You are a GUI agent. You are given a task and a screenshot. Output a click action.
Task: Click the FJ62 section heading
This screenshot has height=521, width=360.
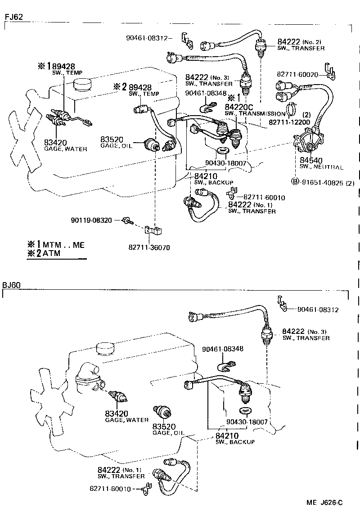[x=13, y=17]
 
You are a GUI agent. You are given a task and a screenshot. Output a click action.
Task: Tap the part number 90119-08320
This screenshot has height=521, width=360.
[x=95, y=220]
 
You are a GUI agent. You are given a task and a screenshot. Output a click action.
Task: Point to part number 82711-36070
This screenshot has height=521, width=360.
[x=150, y=247]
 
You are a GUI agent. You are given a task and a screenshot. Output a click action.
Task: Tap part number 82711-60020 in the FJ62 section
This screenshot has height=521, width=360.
[x=298, y=75]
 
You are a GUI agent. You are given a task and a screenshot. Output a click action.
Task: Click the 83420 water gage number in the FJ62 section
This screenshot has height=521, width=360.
[x=55, y=143]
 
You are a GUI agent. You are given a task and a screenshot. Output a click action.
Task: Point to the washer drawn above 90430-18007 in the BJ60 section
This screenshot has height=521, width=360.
[x=245, y=411]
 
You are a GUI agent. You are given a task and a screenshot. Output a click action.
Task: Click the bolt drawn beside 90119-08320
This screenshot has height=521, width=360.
[x=129, y=220]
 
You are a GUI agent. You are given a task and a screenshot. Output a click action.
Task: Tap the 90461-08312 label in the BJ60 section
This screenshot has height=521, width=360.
[x=317, y=310]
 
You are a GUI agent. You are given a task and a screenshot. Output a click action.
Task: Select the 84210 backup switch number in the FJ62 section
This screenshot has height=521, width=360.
[x=205, y=175]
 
